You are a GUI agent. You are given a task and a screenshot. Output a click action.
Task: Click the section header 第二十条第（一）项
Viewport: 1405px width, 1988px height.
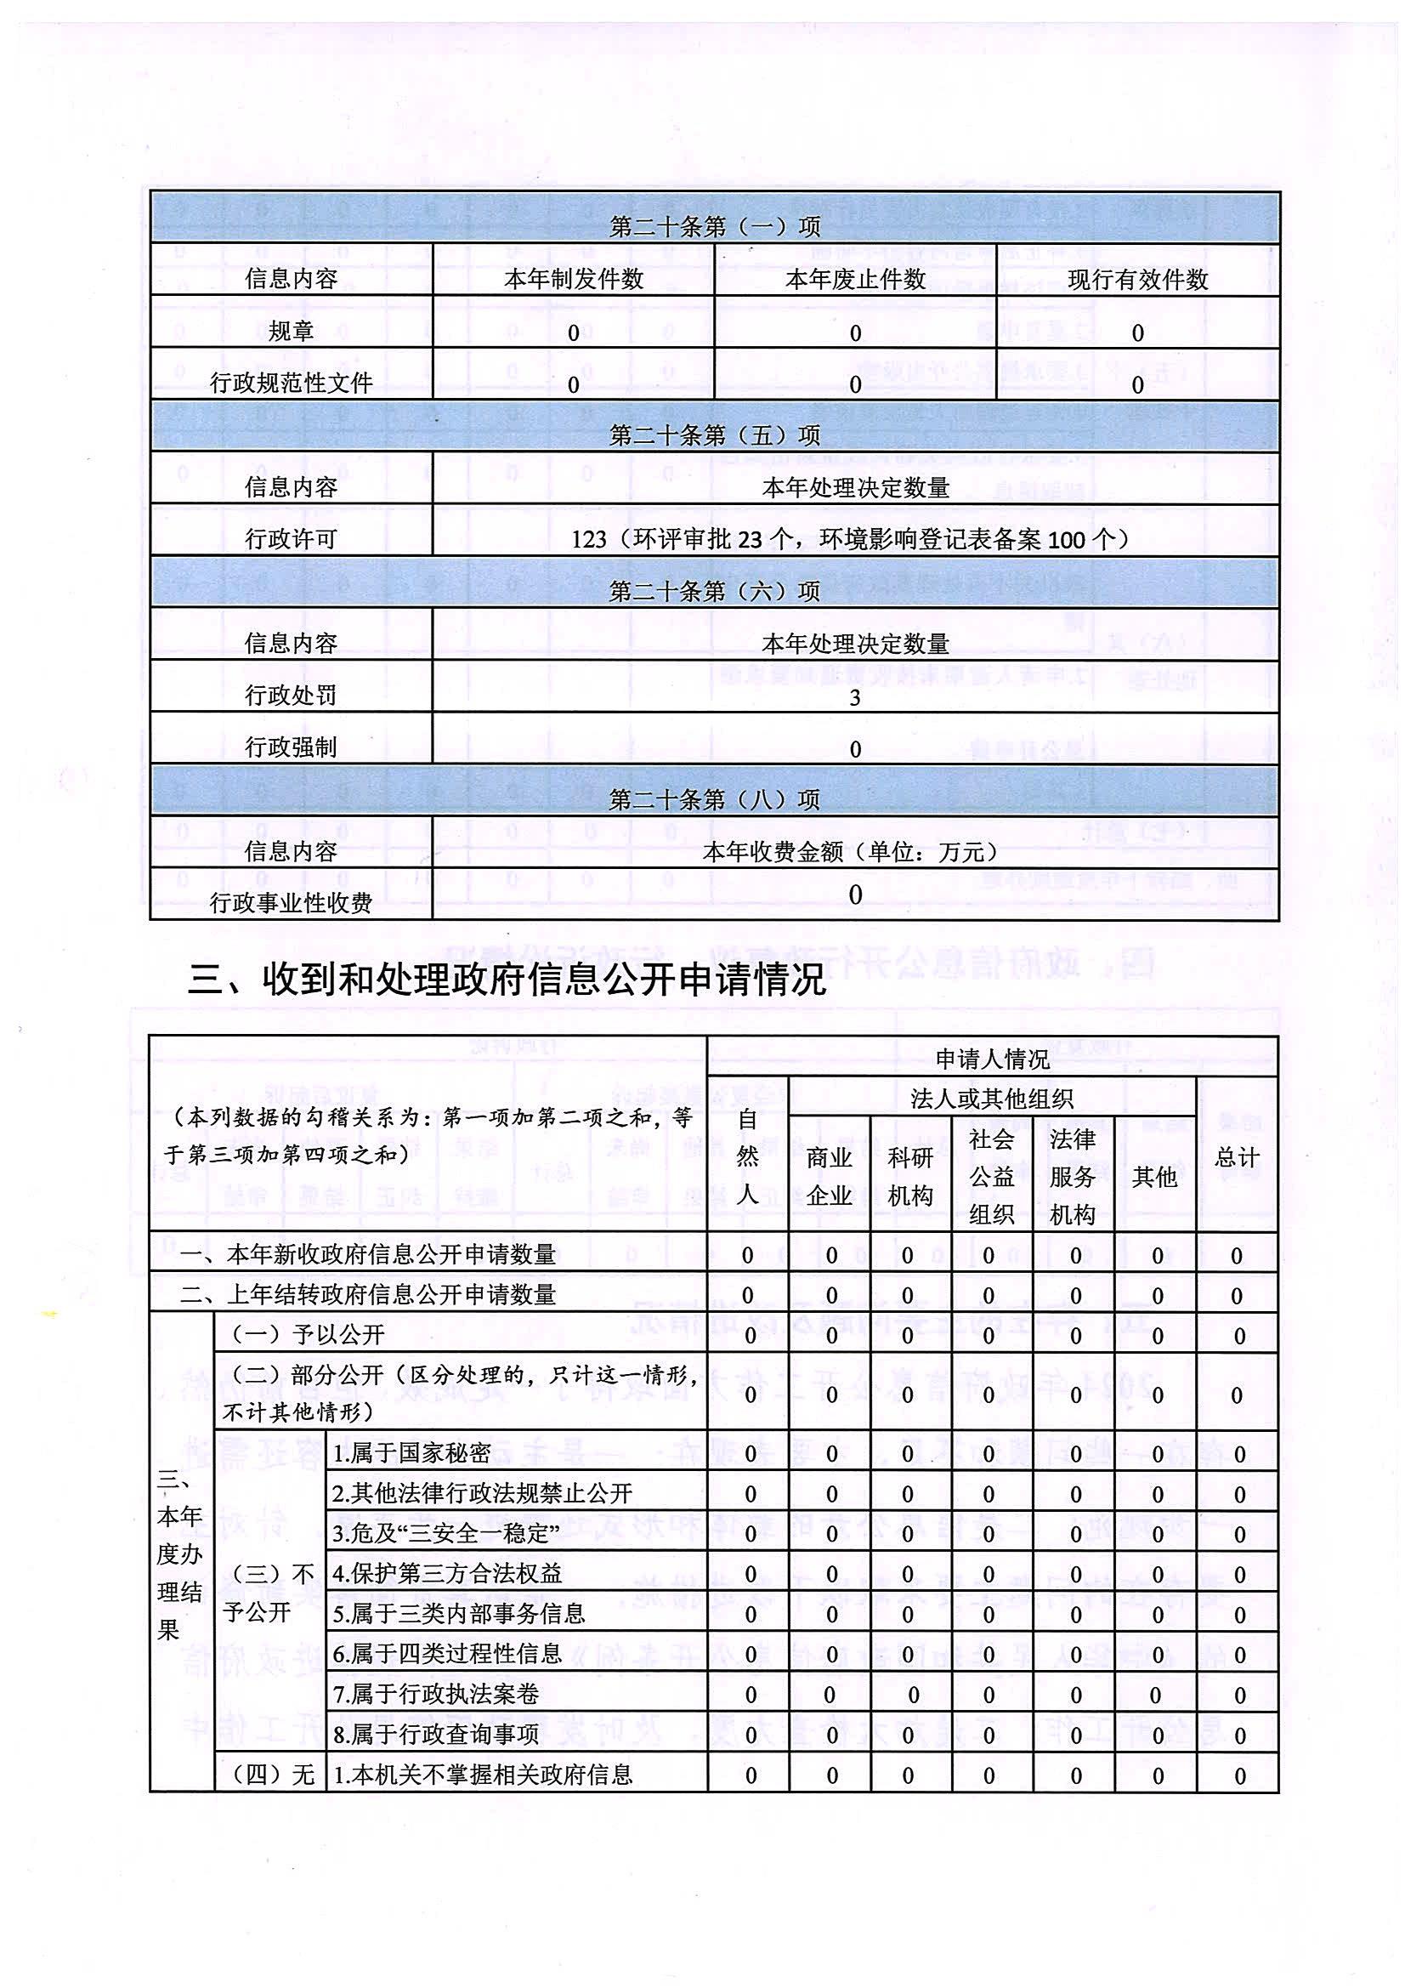(714, 227)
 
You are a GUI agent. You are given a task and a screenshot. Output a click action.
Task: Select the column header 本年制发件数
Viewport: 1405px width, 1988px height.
(574, 279)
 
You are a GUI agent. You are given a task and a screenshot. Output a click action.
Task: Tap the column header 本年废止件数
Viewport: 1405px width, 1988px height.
(855, 279)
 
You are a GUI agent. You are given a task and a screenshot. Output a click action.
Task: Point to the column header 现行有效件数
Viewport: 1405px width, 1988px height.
(1137, 280)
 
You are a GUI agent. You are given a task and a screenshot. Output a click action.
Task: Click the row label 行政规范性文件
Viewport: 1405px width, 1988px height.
(291, 383)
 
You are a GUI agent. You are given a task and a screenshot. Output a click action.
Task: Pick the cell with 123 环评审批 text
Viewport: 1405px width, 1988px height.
(854, 539)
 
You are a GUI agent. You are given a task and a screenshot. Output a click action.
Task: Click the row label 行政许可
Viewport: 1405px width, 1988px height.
(291, 539)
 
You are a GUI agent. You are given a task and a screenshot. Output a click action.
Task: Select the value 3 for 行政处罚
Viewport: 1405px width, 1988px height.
(854, 697)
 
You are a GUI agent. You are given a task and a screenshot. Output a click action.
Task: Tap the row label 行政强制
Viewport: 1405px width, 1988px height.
(291, 747)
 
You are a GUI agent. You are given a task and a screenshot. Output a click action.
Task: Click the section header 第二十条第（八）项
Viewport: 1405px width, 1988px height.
(714, 799)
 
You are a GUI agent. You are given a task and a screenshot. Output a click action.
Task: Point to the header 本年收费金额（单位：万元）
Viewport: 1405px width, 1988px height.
(854, 852)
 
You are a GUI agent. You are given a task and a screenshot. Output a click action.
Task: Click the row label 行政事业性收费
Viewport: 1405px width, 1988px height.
(291, 903)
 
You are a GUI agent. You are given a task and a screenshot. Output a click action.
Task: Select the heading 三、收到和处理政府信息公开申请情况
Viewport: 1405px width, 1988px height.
(507, 980)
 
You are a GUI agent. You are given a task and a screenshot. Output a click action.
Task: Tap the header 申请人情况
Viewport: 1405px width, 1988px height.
(992, 1058)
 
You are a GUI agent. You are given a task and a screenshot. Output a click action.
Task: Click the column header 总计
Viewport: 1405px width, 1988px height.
(1236, 1157)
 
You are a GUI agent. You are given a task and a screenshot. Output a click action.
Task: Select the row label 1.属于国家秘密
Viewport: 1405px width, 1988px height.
(412, 1453)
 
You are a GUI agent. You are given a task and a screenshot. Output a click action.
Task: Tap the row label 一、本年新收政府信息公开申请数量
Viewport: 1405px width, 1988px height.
(368, 1255)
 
